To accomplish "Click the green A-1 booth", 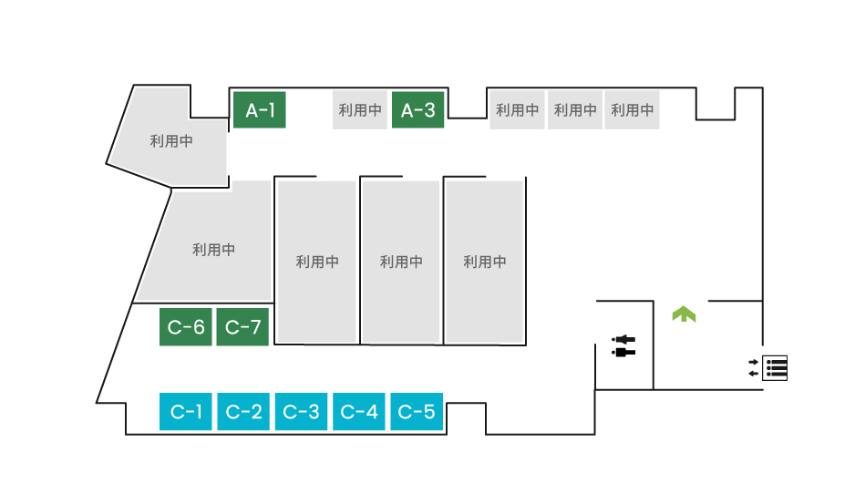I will click(260, 110).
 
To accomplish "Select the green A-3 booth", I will click(418, 110).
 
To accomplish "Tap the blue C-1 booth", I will click(186, 412).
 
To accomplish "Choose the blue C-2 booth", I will click(243, 412).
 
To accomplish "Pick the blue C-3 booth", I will click(302, 412).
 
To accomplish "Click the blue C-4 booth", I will click(359, 412).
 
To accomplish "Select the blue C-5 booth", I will click(417, 412).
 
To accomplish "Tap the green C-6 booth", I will click(186, 327).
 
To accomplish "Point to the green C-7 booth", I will click(242, 327).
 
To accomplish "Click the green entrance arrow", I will click(684, 314).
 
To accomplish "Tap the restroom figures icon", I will click(624, 345).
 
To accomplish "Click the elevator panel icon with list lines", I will click(776, 367).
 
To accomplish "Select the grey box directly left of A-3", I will click(360, 110).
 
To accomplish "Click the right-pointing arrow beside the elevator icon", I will click(753, 362).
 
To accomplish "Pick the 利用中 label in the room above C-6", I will click(214, 250).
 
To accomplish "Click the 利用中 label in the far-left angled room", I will click(171, 142).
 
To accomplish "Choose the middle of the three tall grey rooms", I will click(401, 262).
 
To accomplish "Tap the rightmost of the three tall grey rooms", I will click(484, 262).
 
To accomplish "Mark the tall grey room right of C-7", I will click(317, 262).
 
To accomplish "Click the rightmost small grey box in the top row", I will click(632, 110).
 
